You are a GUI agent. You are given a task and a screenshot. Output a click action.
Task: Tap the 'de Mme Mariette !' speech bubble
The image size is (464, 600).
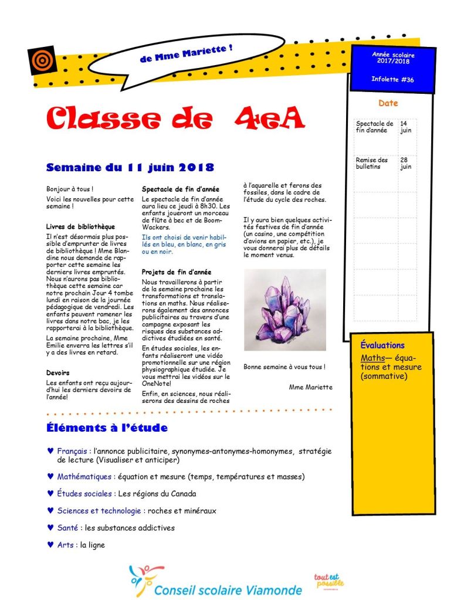coord(187,55)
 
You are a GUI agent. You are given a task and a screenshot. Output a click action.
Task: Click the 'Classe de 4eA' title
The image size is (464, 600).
coord(175,118)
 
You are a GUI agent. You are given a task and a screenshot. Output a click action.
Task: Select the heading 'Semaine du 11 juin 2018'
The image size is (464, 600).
coord(130,167)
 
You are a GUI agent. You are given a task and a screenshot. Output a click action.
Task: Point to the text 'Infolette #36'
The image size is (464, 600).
coord(392,79)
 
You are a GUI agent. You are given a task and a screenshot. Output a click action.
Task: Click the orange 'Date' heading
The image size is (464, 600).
coord(388,103)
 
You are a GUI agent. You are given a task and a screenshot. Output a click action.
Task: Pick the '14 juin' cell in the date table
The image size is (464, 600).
coord(406,127)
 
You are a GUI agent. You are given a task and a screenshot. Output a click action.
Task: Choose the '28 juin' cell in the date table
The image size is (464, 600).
coord(406,163)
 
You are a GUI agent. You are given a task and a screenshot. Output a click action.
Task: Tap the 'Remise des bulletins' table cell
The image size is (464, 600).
coord(372,163)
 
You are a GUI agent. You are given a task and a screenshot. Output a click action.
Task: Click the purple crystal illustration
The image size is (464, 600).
coord(285,310)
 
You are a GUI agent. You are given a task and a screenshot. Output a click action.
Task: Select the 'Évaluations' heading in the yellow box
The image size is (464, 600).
coord(382,345)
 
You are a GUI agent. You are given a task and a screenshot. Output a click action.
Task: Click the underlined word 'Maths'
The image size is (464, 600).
coord(372,358)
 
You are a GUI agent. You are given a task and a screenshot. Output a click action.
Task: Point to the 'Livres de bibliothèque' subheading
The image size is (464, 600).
coord(80,226)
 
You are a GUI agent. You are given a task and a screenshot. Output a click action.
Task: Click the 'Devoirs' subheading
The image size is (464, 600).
coord(57,372)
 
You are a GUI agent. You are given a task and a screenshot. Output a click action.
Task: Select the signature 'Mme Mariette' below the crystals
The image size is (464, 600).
coord(310,387)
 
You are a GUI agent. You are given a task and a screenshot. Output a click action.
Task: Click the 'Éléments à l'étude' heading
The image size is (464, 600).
coord(107,428)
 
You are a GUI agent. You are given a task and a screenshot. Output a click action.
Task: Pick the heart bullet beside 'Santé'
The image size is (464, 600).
coord(50,527)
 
